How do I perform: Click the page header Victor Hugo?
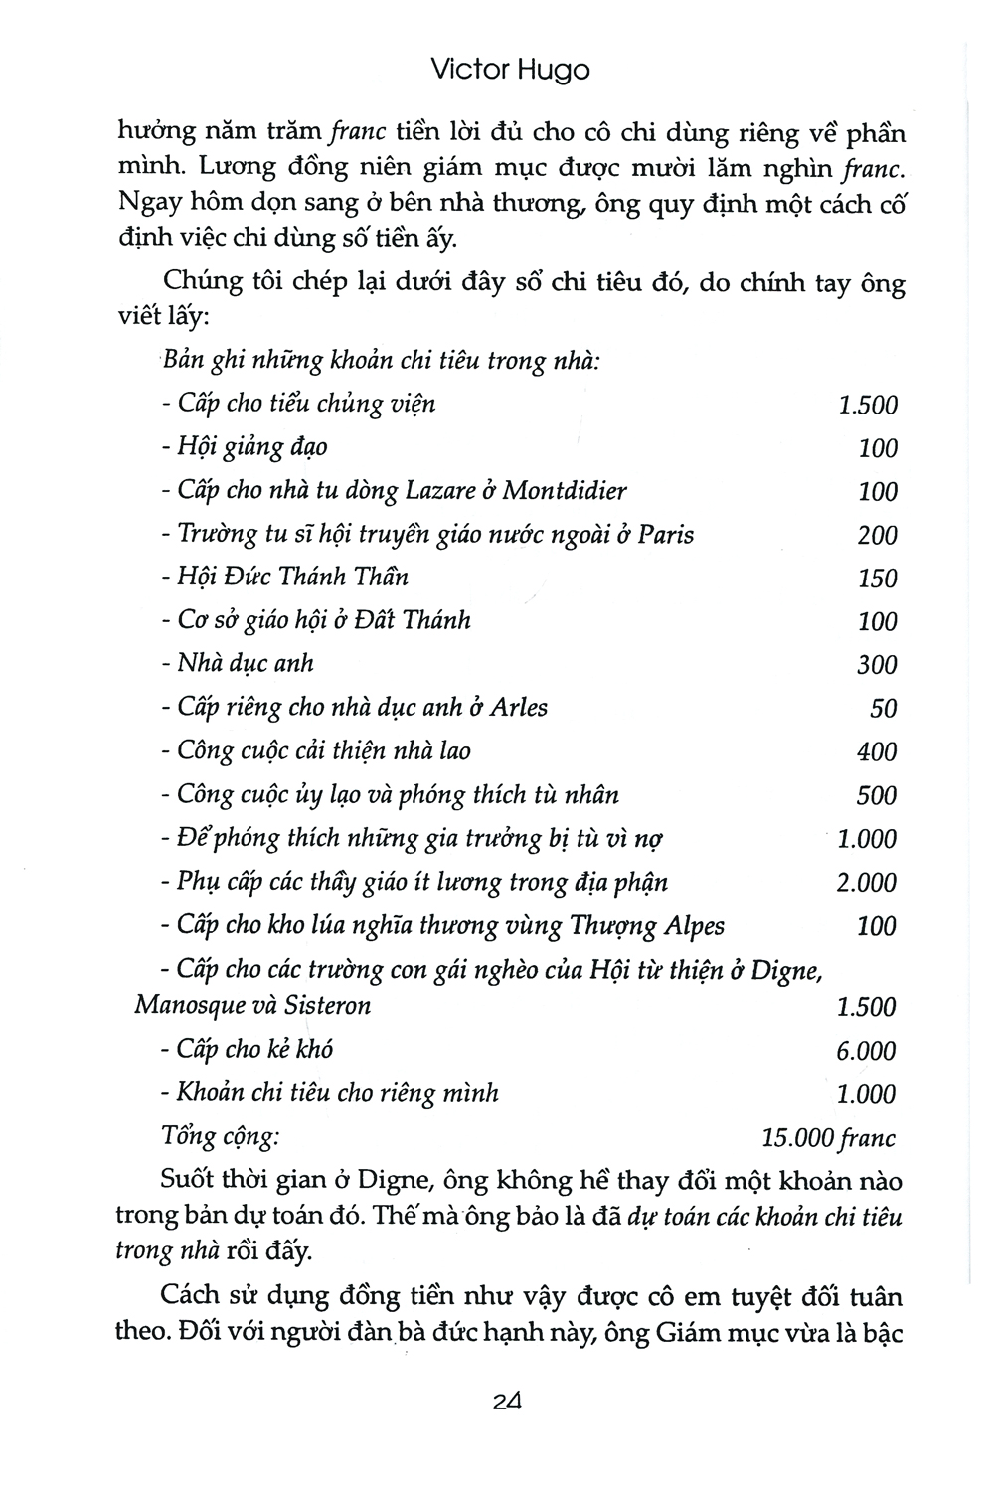[x=512, y=71]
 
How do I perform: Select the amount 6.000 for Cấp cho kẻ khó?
[x=866, y=1051]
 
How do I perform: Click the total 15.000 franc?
[x=828, y=1138]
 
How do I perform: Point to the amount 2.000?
[x=866, y=883]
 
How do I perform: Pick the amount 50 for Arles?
[x=883, y=709]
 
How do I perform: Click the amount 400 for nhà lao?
[x=877, y=752]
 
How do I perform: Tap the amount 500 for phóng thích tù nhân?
[x=877, y=796]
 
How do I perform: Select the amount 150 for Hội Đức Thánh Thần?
[x=877, y=579]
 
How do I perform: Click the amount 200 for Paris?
[x=877, y=535]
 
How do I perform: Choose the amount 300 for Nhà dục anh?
[x=877, y=665]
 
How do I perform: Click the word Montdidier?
[x=565, y=491]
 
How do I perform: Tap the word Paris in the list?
[x=665, y=535]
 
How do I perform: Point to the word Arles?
[x=515, y=708]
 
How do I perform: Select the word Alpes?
[x=691, y=926]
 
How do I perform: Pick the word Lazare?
[x=442, y=491]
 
